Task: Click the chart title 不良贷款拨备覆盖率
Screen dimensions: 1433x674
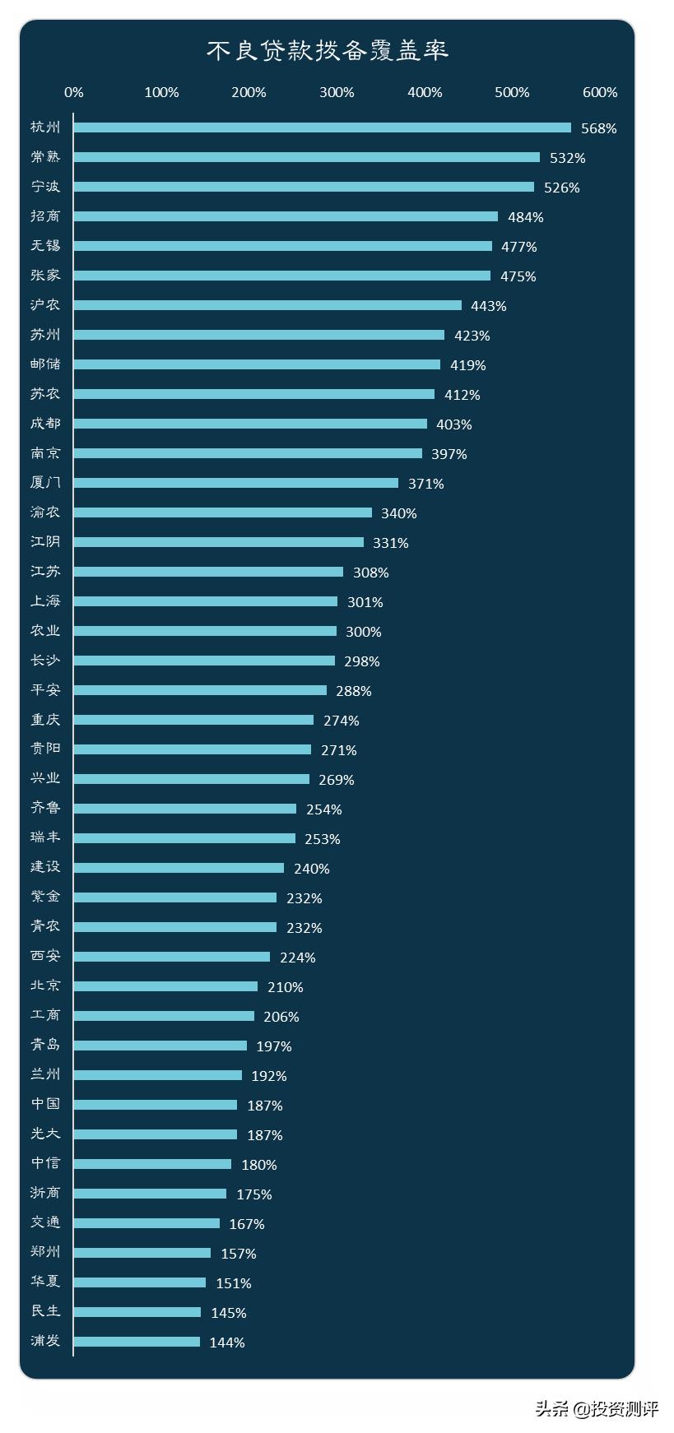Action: (327, 51)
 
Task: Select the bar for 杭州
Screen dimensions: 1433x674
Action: (322, 128)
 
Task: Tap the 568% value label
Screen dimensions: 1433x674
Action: (598, 128)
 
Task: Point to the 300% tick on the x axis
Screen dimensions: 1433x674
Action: (337, 92)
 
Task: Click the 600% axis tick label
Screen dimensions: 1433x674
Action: (600, 92)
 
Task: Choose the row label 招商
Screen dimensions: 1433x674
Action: (45, 216)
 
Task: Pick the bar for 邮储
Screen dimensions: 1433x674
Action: (257, 364)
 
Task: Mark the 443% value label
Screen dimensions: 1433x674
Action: (488, 306)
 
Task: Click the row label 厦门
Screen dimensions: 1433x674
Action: (45, 483)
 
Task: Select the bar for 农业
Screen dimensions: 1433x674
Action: (205, 631)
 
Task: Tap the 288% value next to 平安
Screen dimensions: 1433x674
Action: (353, 691)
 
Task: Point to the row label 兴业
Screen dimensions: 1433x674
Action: (45, 779)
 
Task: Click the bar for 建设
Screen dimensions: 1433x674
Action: (179, 868)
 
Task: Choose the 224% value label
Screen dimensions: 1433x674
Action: (297, 958)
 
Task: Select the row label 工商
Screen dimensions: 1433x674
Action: (45, 1016)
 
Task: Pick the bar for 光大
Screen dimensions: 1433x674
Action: (155, 1134)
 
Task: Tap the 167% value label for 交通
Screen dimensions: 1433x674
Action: (247, 1224)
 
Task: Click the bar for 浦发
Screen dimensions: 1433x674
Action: (137, 1342)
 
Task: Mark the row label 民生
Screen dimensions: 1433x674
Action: (45, 1312)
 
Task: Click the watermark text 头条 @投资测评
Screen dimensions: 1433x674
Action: (597, 1408)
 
